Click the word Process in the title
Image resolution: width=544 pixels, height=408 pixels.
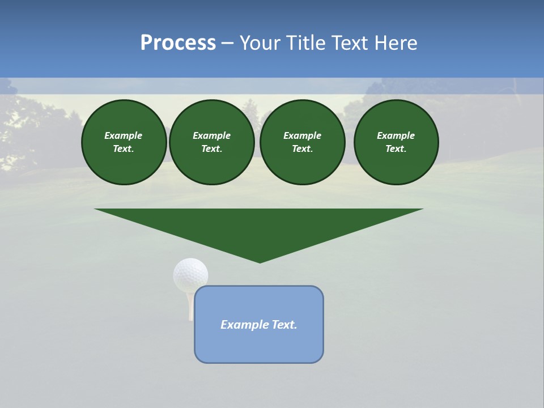tap(178, 43)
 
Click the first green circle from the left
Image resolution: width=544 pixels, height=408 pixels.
tap(124, 142)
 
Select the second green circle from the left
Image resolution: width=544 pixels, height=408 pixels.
tap(212, 142)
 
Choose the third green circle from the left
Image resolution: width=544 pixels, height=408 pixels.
tap(303, 142)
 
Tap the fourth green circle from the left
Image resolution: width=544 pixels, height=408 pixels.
tap(396, 142)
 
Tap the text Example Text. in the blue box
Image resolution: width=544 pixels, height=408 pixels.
tap(259, 325)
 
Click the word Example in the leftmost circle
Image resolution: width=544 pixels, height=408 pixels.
tap(124, 135)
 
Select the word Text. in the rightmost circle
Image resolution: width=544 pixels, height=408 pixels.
tap(396, 149)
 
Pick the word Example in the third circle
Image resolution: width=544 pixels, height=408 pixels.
tap(303, 135)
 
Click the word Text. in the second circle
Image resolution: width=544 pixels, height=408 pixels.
tap(212, 149)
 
